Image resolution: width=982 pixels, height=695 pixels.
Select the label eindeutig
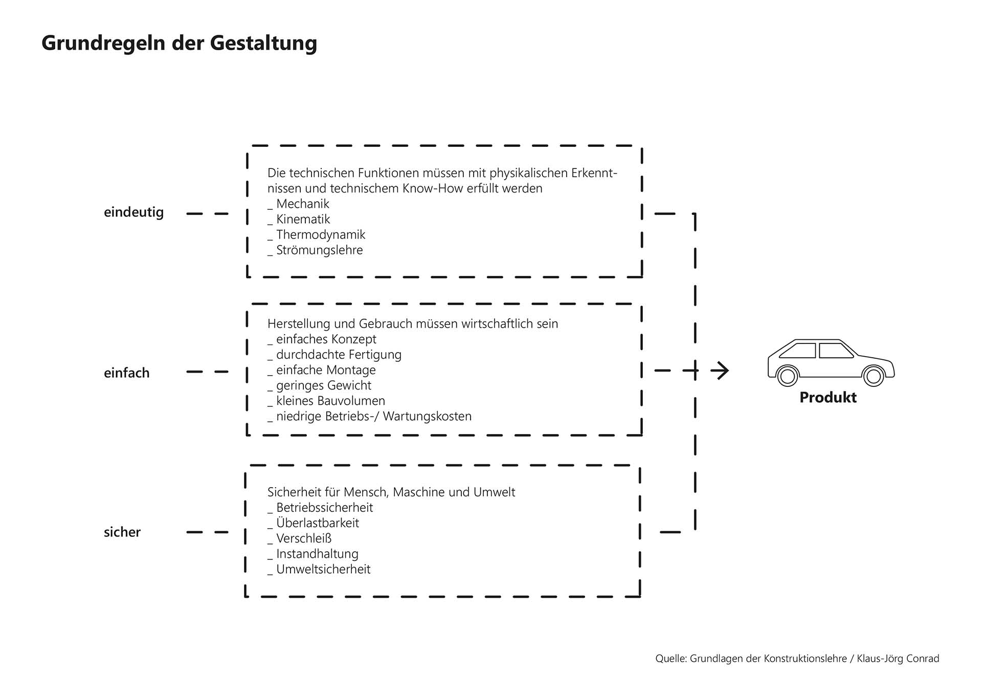(x=133, y=212)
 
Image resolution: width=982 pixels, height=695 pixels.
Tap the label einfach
(x=126, y=373)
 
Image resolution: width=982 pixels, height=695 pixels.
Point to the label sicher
(x=122, y=532)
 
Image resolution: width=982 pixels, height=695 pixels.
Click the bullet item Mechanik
(x=302, y=204)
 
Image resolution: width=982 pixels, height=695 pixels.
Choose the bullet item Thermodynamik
(x=320, y=234)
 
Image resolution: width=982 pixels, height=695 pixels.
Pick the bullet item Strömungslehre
(x=319, y=250)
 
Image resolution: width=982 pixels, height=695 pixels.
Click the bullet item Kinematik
(x=303, y=219)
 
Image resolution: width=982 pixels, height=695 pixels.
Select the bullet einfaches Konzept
(x=326, y=339)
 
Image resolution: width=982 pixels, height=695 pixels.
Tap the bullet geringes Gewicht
(x=323, y=385)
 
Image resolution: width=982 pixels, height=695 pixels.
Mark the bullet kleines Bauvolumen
(x=330, y=401)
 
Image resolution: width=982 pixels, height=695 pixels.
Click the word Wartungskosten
(x=427, y=417)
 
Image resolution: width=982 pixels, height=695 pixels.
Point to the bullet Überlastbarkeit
(x=317, y=523)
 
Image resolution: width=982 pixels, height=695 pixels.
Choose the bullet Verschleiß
(x=304, y=538)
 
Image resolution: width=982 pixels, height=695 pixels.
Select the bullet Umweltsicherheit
(x=323, y=569)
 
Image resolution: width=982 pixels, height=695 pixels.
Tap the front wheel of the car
(x=874, y=376)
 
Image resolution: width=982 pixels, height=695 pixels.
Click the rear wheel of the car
(x=788, y=376)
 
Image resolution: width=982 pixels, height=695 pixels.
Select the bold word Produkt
(x=828, y=398)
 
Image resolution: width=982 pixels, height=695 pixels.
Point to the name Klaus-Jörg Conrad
(x=898, y=659)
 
